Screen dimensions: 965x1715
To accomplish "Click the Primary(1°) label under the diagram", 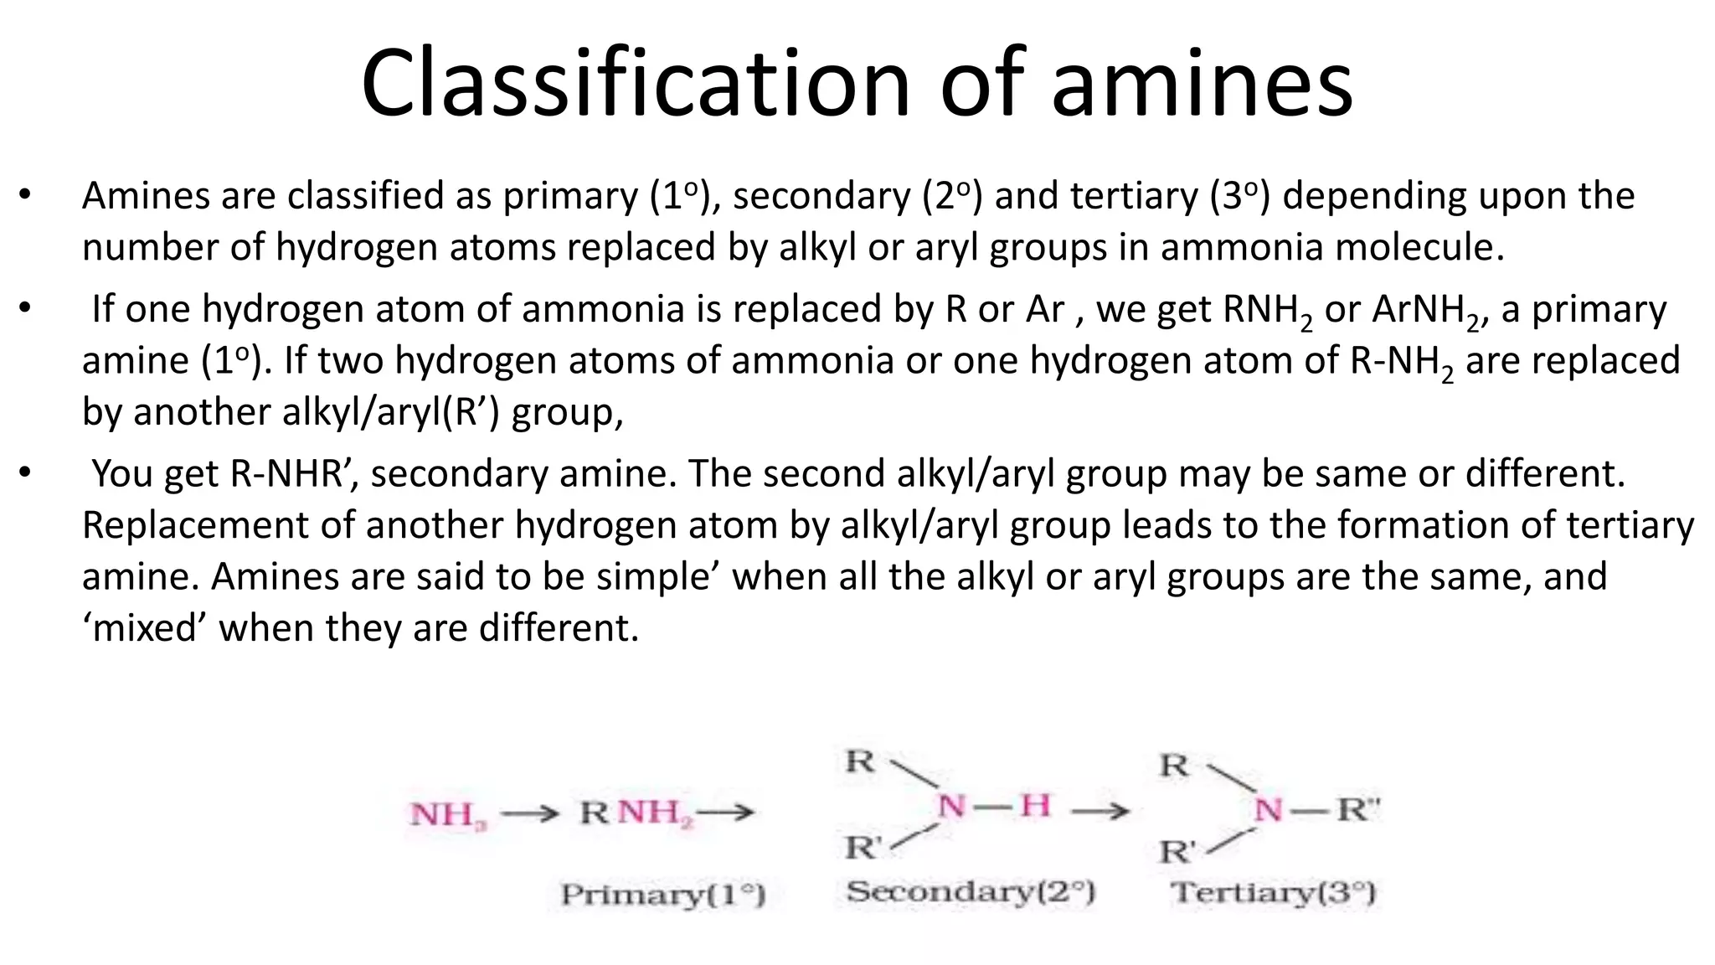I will coord(662,895).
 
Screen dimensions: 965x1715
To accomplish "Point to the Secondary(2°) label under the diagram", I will coord(970,891).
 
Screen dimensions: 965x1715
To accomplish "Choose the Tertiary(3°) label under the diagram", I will coord(1273,892).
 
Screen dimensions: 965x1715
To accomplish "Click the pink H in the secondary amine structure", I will coord(1035,806).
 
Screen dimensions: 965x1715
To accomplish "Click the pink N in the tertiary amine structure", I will coord(1269,810).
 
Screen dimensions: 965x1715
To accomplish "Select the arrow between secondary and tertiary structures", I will coord(1100,810).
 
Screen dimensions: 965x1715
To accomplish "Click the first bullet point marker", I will coord(25,196).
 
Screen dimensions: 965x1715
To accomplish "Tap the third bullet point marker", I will coord(25,474).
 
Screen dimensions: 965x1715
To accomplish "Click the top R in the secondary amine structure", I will coord(859,761).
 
